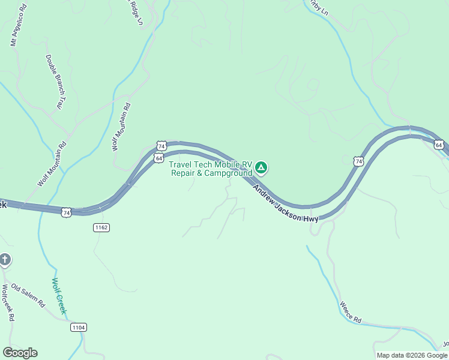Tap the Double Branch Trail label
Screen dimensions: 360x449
click(x=54, y=82)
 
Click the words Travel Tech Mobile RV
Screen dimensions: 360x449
click(x=210, y=164)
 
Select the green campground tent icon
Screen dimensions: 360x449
click(x=261, y=167)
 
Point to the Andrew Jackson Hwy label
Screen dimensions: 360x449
click(x=285, y=203)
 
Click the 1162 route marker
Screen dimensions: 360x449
click(x=101, y=227)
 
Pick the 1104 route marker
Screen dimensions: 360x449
click(x=78, y=327)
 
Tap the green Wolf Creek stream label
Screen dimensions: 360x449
click(x=58, y=296)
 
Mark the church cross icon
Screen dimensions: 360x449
click(x=5, y=260)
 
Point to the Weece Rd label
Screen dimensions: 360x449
click(x=350, y=313)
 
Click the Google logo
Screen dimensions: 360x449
click(x=20, y=353)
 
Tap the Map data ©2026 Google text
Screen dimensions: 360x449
click(x=412, y=355)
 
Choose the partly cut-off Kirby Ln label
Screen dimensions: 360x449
click(x=318, y=8)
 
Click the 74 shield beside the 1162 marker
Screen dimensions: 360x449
click(x=66, y=212)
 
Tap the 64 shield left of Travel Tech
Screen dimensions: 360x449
click(x=158, y=158)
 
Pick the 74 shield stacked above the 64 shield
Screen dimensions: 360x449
click(x=161, y=146)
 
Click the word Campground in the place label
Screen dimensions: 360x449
click(x=228, y=173)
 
